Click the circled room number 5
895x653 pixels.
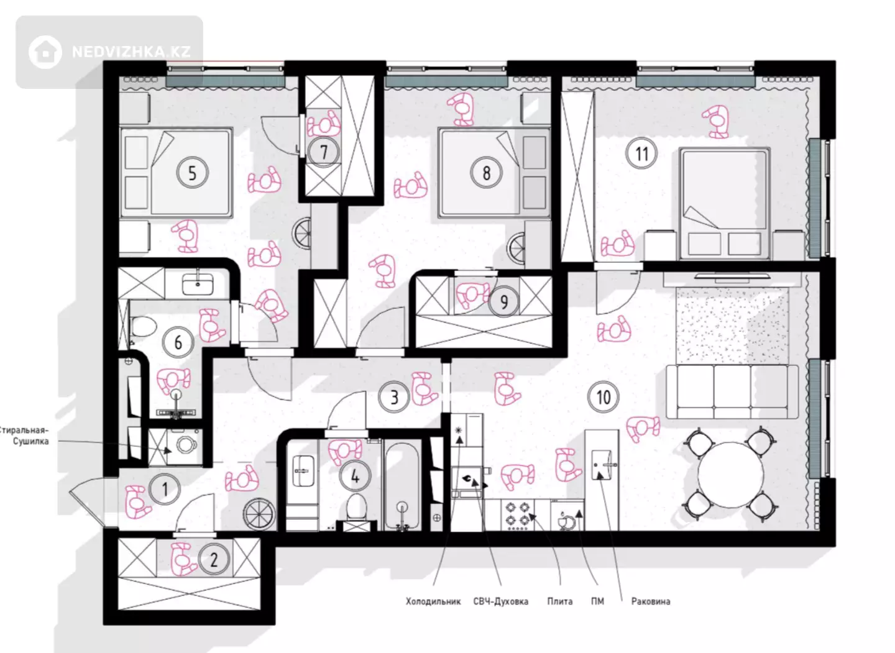pos(193,173)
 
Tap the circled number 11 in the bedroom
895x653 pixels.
pos(641,153)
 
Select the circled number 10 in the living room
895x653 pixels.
pos(604,397)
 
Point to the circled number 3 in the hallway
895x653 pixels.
pos(394,398)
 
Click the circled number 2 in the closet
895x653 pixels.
pos(214,560)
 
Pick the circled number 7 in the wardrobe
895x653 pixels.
pos(324,152)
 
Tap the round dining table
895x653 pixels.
pos(731,475)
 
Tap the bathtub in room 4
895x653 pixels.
pos(402,486)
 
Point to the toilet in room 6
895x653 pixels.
pos(143,326)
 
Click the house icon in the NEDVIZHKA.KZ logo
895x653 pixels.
pos(45,52)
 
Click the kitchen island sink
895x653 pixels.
pos(602,465)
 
